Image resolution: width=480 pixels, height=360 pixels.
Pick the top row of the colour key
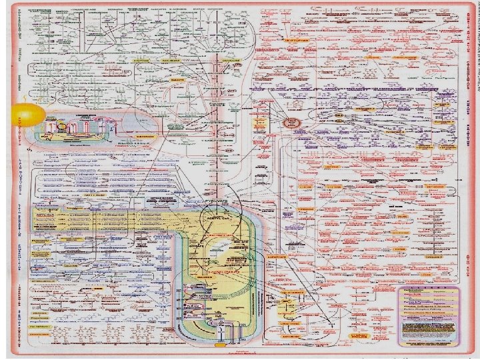[429, 291]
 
